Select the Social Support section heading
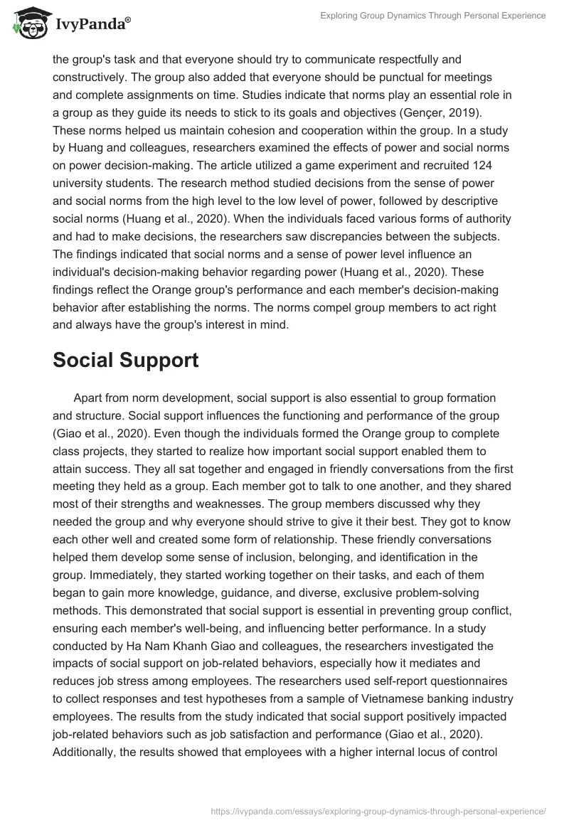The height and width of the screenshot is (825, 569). pos(125,361)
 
